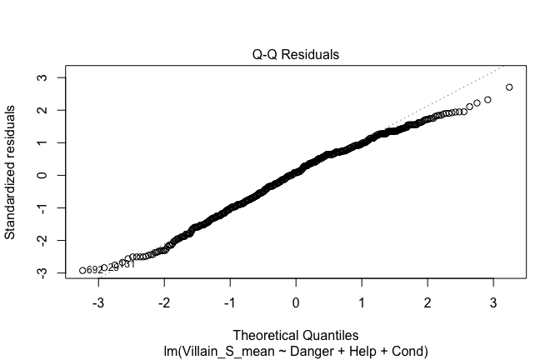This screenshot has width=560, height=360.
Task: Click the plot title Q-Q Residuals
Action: pos(296,55)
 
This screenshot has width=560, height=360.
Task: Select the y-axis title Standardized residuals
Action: pos(11,172)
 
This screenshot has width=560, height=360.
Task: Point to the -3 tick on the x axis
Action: pos(99,301)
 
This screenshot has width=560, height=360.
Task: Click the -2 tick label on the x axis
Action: pos(165,301)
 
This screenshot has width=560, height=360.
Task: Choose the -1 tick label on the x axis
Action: pos(230,301)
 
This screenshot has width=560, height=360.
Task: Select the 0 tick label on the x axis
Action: pos(296,301)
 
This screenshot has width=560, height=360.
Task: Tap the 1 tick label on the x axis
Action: pos(362,301)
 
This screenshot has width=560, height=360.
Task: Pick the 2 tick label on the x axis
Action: pos(427,301)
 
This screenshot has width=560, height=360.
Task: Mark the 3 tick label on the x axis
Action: pos(492,301)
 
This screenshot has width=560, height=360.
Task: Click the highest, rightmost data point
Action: pos(509,87)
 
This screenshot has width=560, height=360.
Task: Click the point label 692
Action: pos(94,270)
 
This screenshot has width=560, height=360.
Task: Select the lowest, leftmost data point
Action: pos(82,270)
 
